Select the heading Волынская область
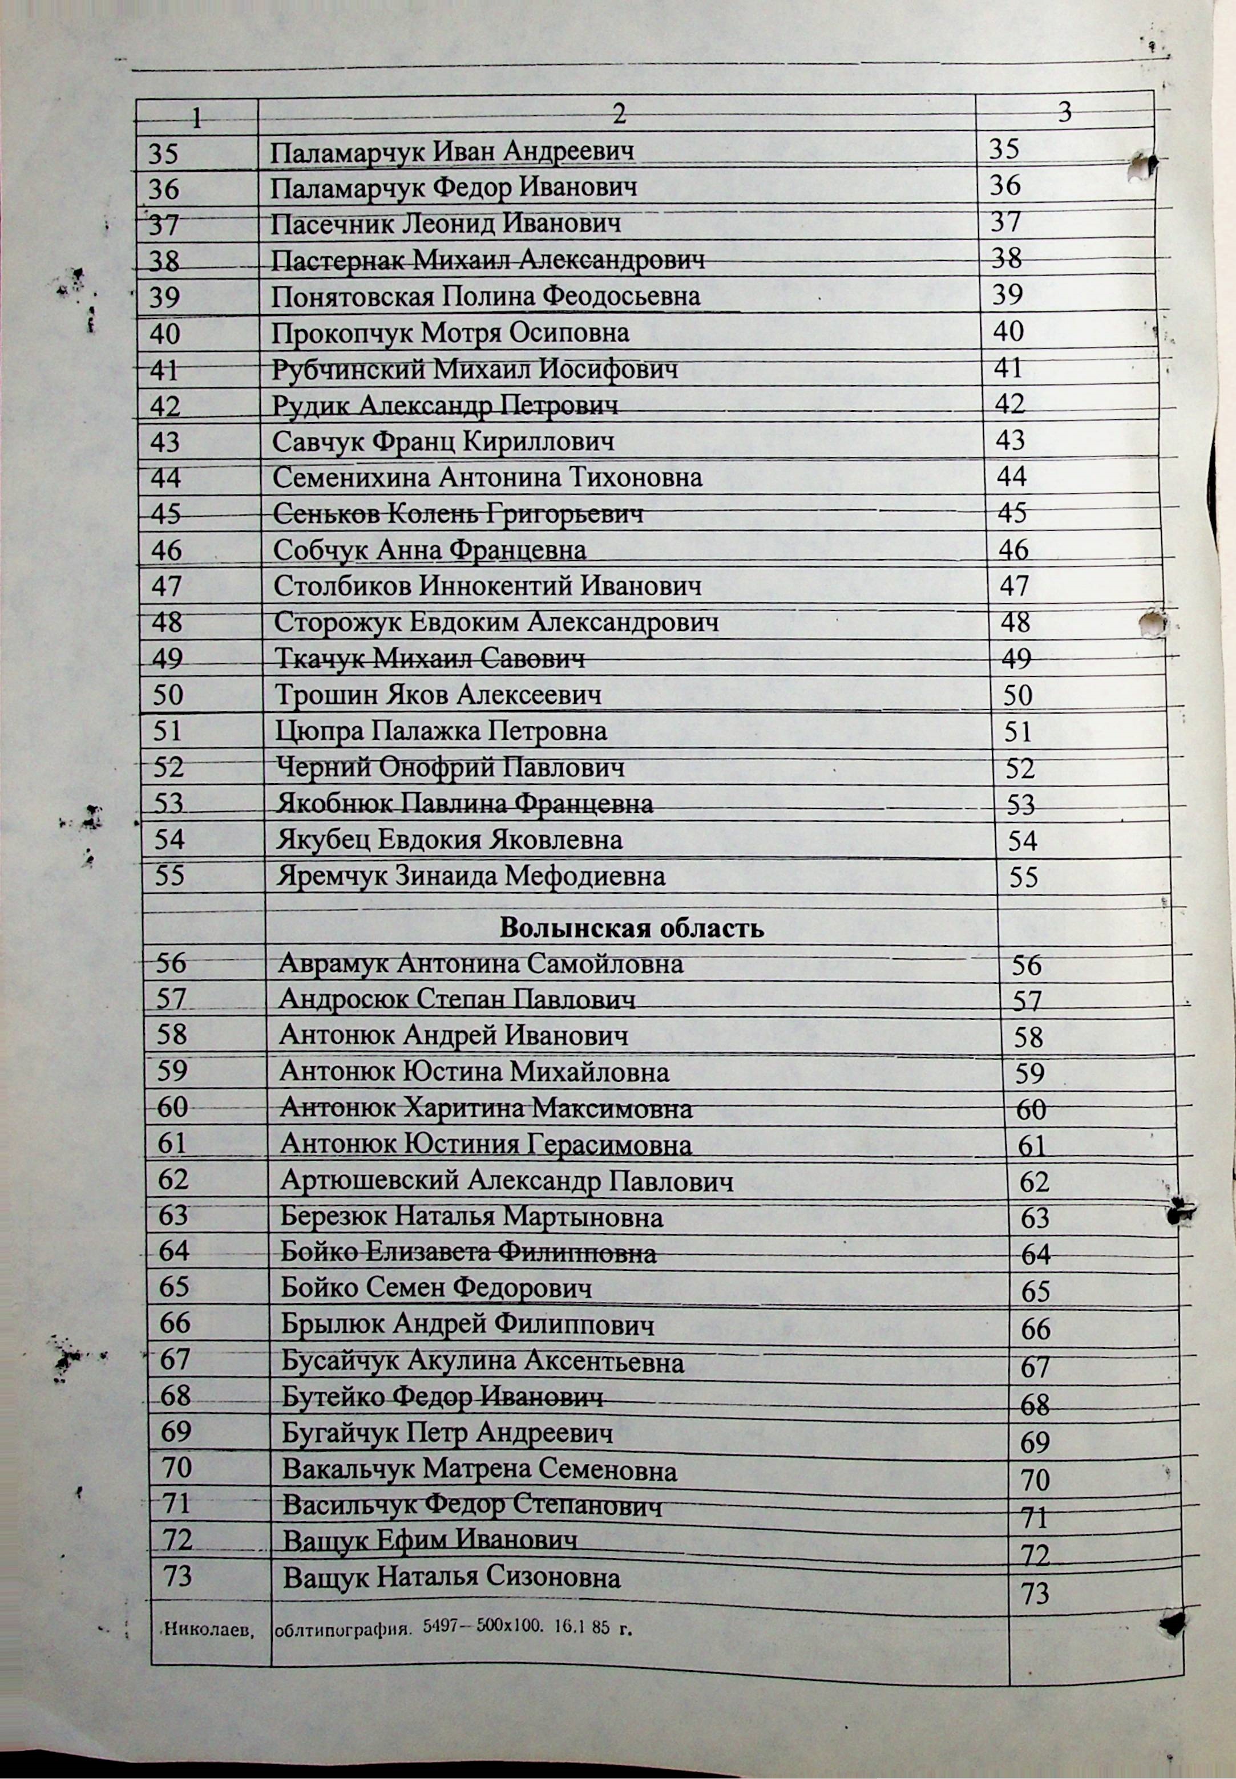pyautogui.click(x=631, y=927)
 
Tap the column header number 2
pyautogui.click(x=618, y=115)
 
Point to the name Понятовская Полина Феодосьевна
pyautogui.click(x=486, y=297)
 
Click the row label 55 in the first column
pyautogui.click(x=169, y=875)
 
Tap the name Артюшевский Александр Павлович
pyautogui.click(x=507, y=1181)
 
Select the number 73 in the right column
pyautogui.click(x=1035, y=1593)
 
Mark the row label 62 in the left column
pyautogui.click(x=173, y=1179)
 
